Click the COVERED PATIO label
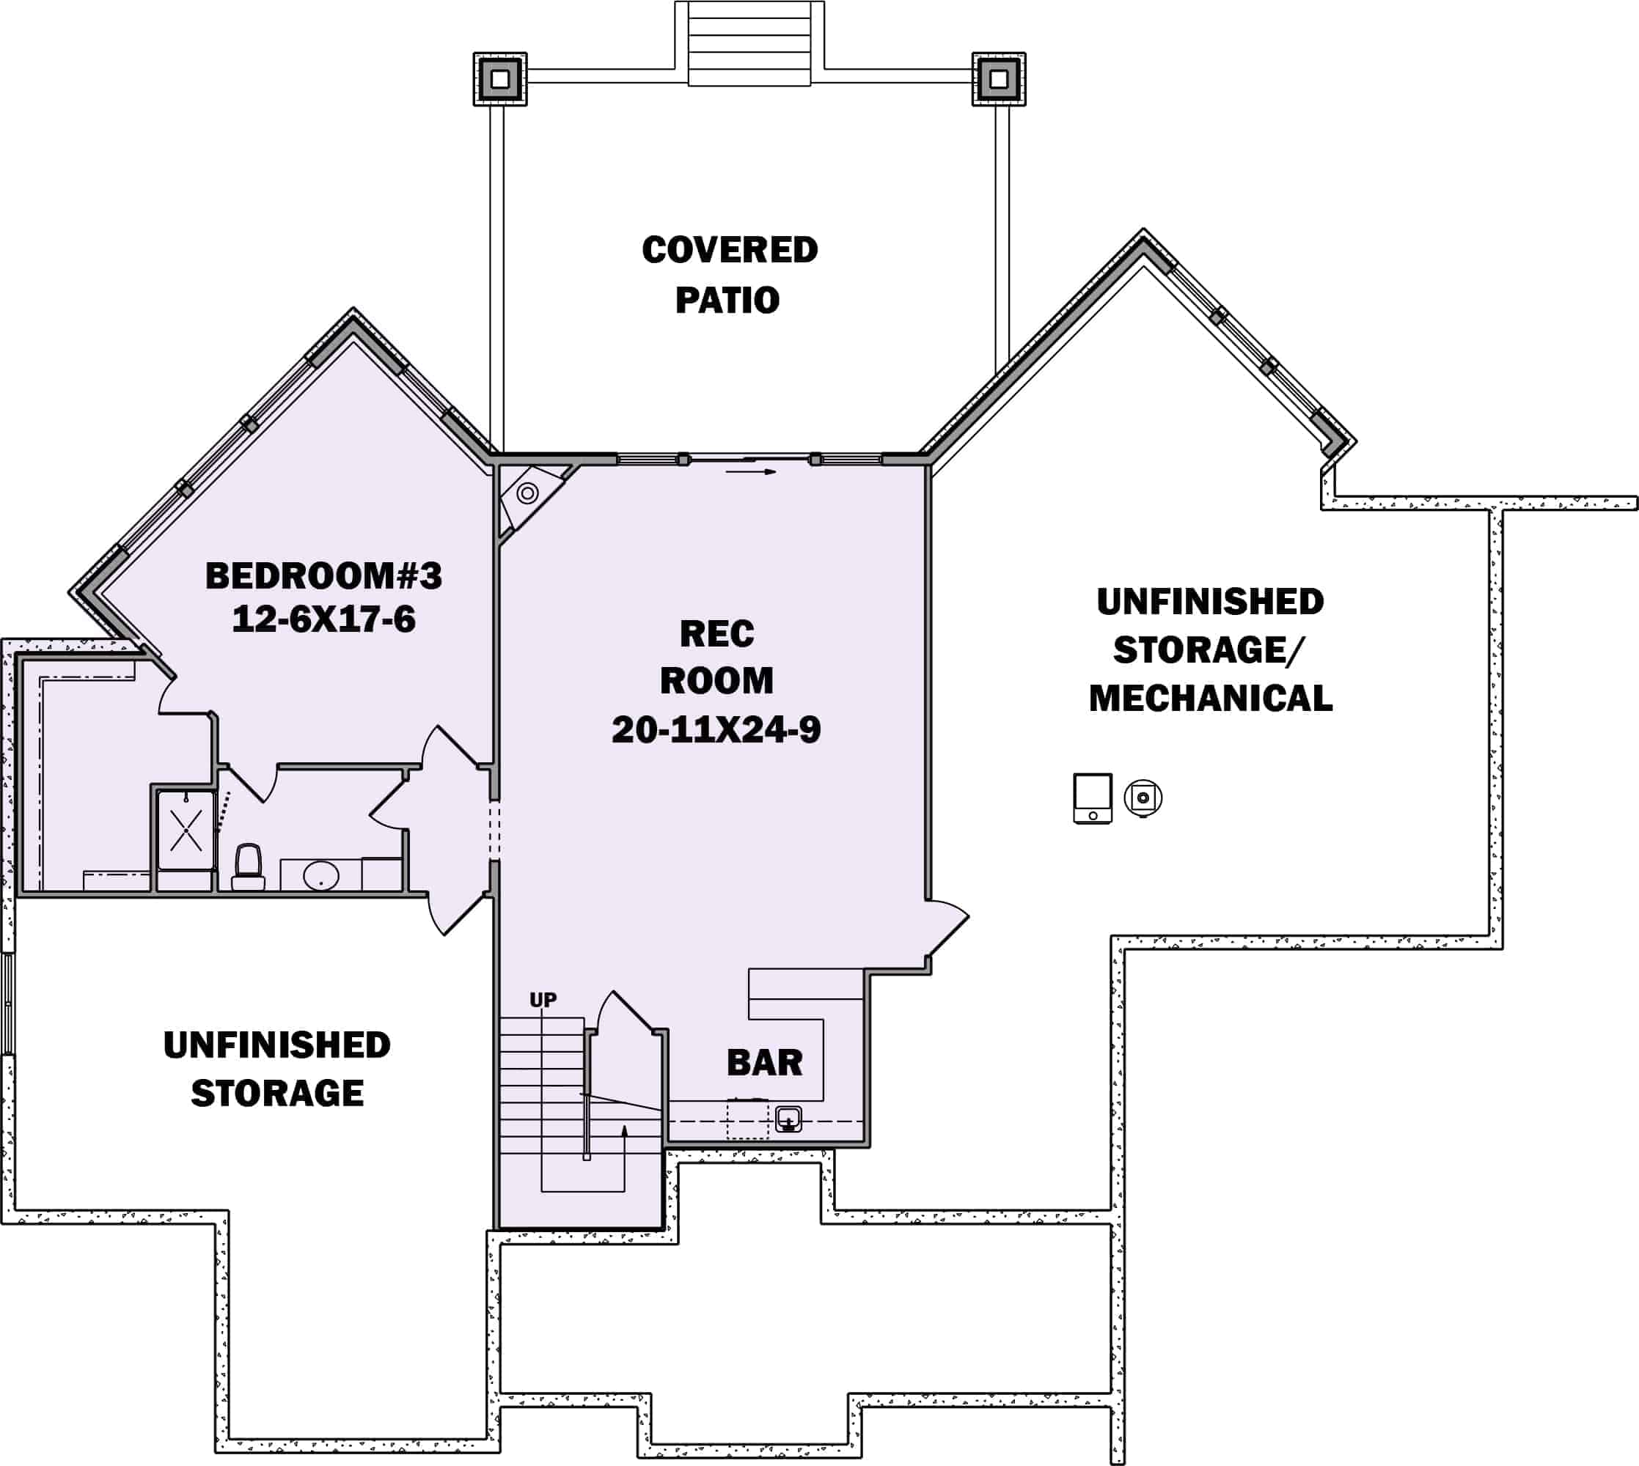click(x=729, y=275)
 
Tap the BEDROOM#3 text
click(x=323, y=576)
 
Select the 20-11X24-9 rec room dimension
click(x=716, y=730)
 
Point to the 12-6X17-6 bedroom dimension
click(x=323, y=619)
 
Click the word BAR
click(x=764, y=1062)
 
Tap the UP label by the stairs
click(x=543, y=1000)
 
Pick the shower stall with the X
click(x=186, y=830)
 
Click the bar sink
click(x=788, y=1118)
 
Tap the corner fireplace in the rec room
click(x=529, y=493)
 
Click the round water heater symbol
click(x=1143, y=798)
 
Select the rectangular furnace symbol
click(x=1093, y=798)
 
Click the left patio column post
click(x=499, y=79)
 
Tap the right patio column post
click(x=998, y=79)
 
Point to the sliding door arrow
click(x=750, y=472)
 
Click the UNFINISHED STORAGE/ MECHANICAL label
click(x=1209, y=649)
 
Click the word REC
click(x=716, y=634)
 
